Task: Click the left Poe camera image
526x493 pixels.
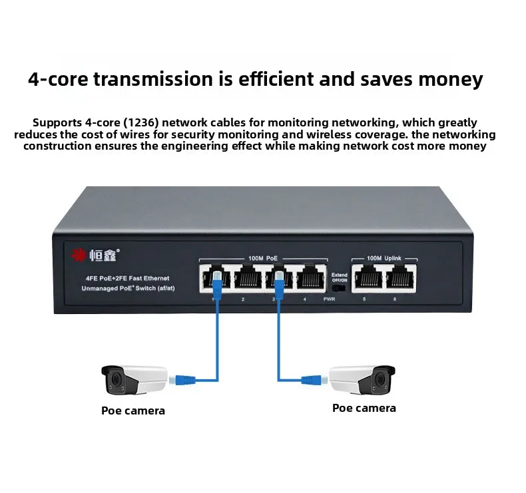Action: coord(133,379)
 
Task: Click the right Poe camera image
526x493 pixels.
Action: coord(363,379)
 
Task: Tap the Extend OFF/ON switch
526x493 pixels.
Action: coord(340,288)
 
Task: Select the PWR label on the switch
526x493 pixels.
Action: coord(329,300)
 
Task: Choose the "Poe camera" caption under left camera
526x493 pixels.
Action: coord(133,411)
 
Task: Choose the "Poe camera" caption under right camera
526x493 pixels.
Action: coord(364,408)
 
